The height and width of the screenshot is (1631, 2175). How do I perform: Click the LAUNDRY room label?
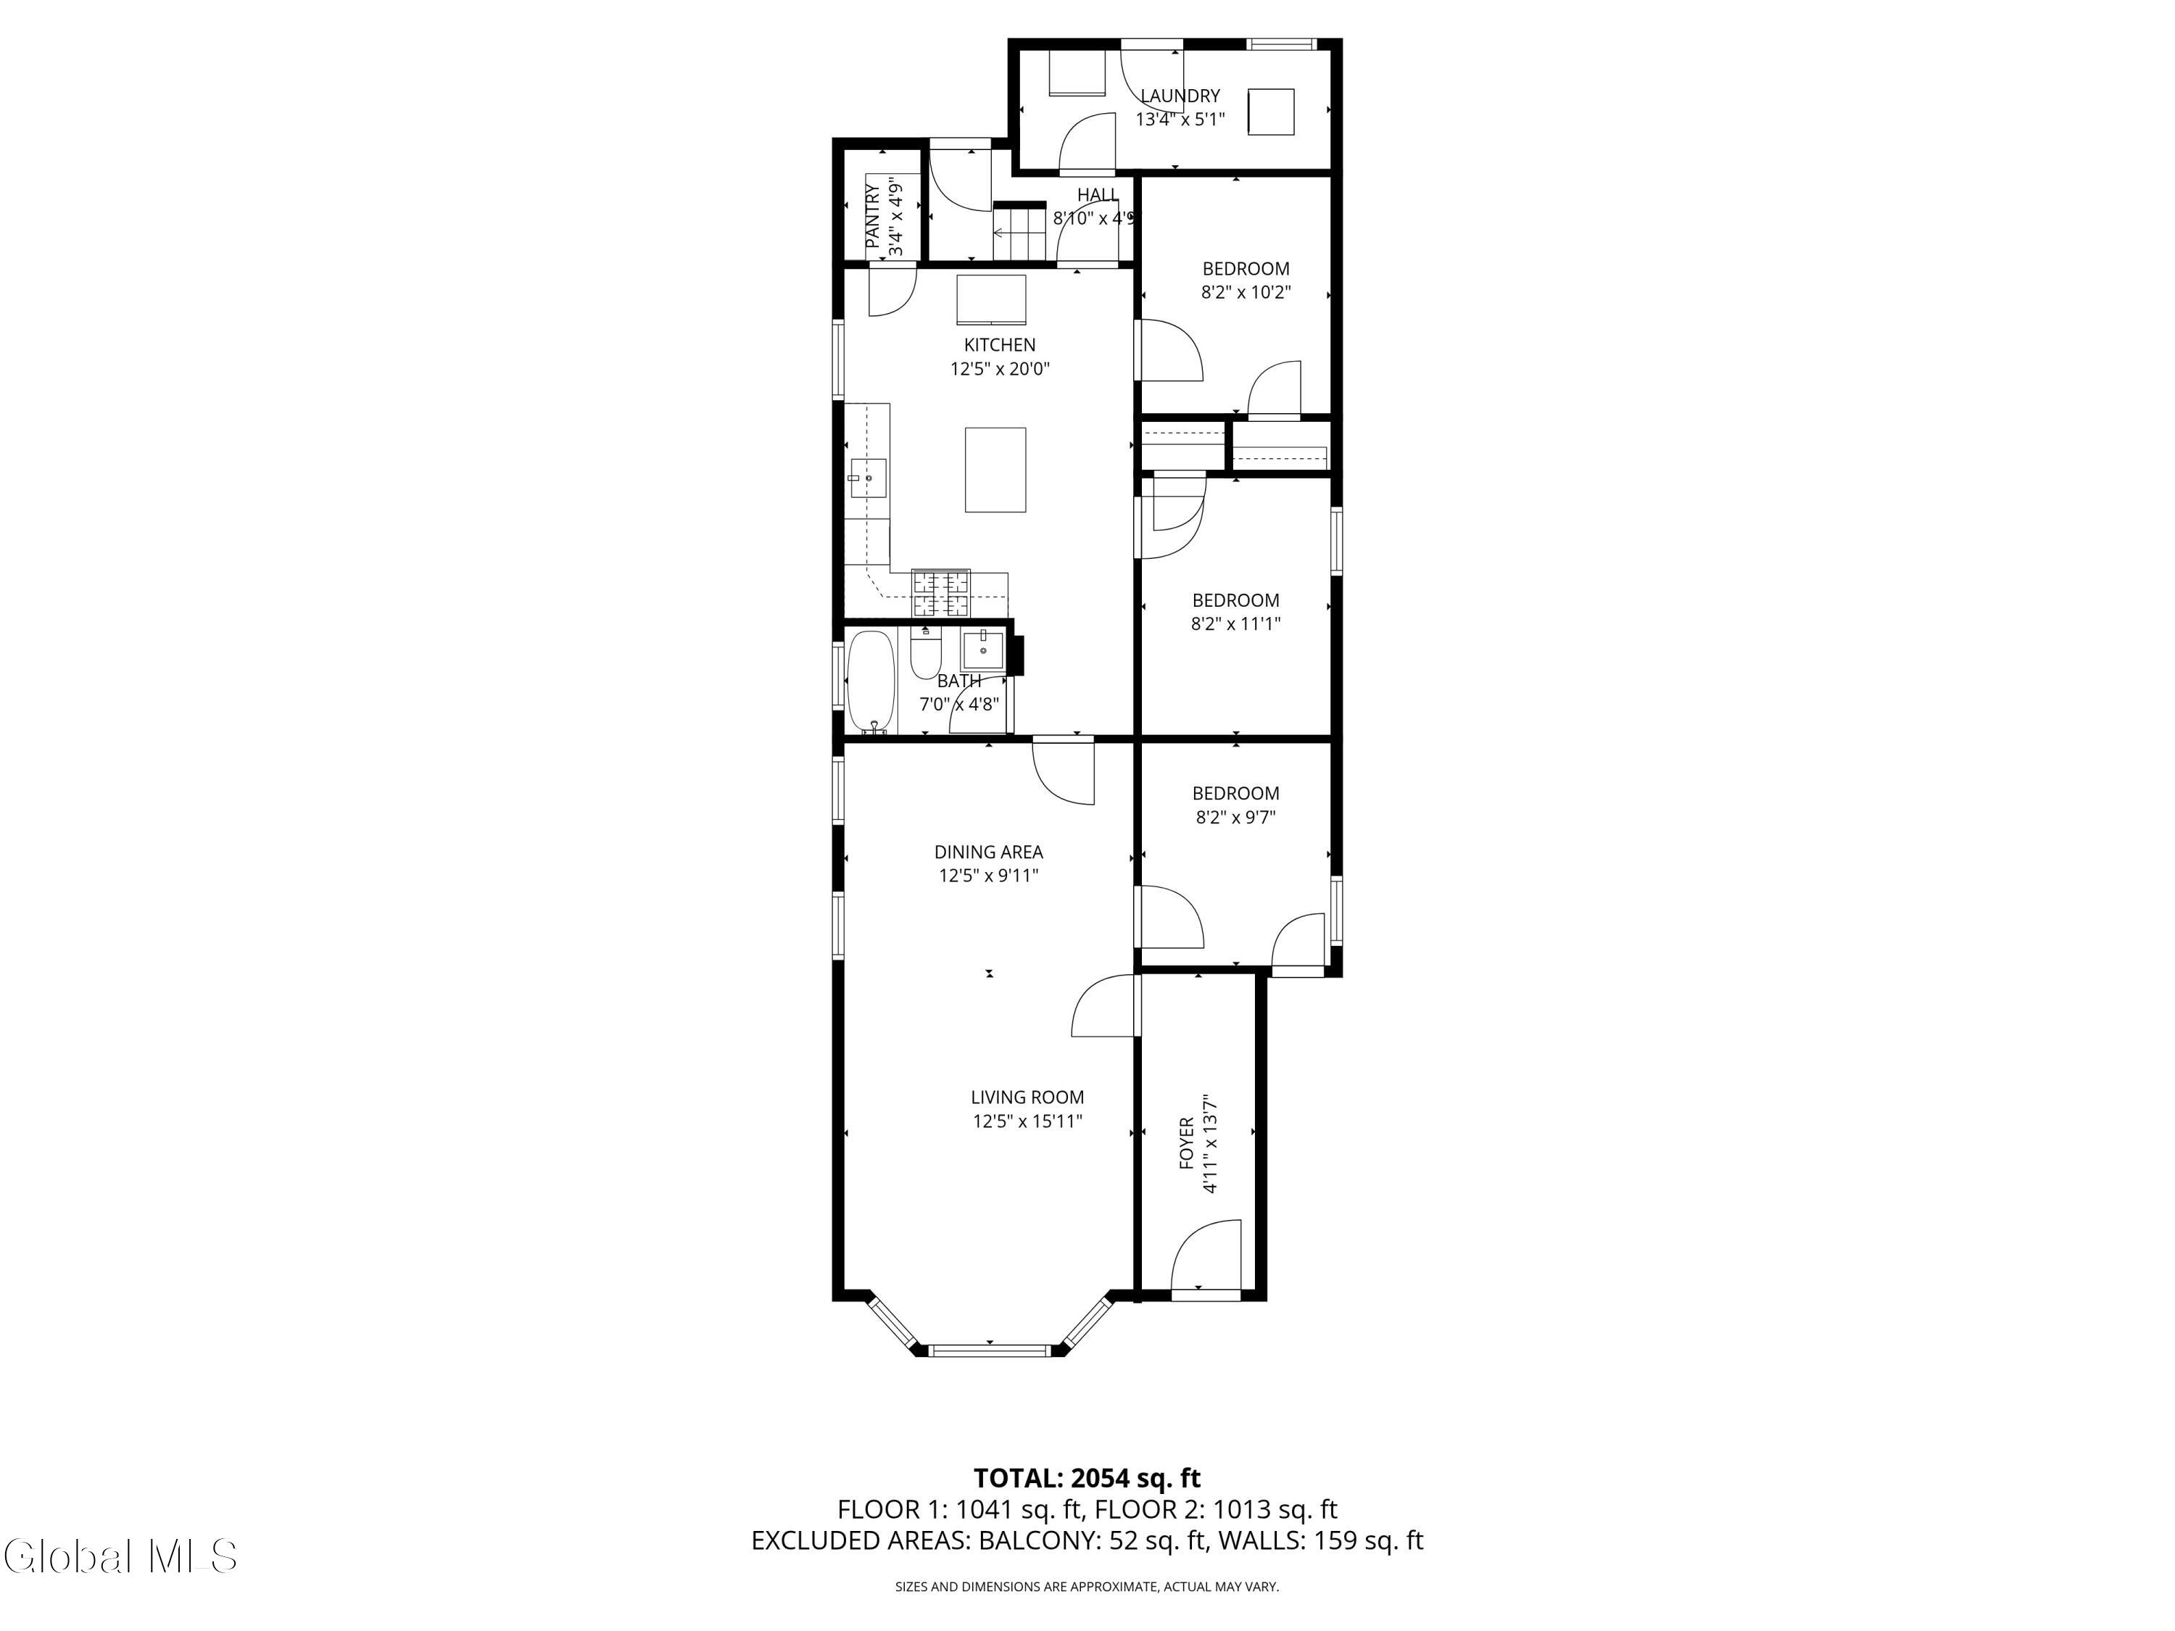[1180, 96]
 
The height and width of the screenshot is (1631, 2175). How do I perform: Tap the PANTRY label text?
[872, 216]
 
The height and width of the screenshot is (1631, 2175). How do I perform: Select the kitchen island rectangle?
[995, 470]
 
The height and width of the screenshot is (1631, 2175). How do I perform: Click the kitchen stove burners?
[941, 594]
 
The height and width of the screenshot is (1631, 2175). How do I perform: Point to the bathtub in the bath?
[870, 682]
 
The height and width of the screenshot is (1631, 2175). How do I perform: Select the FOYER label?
[1187, 1143]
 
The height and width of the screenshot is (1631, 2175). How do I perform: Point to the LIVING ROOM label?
[1027, 1097]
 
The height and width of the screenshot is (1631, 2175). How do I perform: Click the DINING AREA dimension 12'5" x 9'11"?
[988, 875]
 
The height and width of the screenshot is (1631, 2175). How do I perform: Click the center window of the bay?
[991, 1350]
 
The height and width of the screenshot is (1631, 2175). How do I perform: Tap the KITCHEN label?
[999, 345]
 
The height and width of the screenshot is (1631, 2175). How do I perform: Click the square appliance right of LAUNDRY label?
[1270, 111]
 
